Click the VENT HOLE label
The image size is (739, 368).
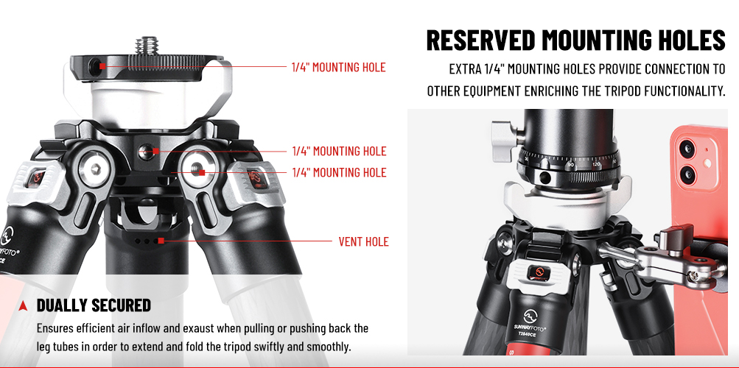[x=363, y=242]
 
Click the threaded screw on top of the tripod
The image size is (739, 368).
[x=147, y=46]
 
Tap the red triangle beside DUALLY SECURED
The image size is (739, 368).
[x=23, y=306]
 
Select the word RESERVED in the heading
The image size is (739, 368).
[x=480, y=40]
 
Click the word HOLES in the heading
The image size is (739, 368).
[x=690, y=40]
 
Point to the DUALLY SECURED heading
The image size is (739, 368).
[x=94, y=305]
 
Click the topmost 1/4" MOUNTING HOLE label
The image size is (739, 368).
[x=339, y=67]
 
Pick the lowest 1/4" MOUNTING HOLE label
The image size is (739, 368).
[x=339, y=172]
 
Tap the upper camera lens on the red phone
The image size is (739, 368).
[x=687, y=149]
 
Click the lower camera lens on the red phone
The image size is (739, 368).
[x=687, y=174]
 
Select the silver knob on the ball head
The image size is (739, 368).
[x=504, y=135]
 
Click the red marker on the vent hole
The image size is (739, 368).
[x=161, y=241]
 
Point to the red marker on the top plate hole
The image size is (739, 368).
[x=102, y=66]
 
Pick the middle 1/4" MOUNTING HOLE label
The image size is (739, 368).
[x=339, y=151]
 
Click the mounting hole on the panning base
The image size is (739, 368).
[x=544, y=177]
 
